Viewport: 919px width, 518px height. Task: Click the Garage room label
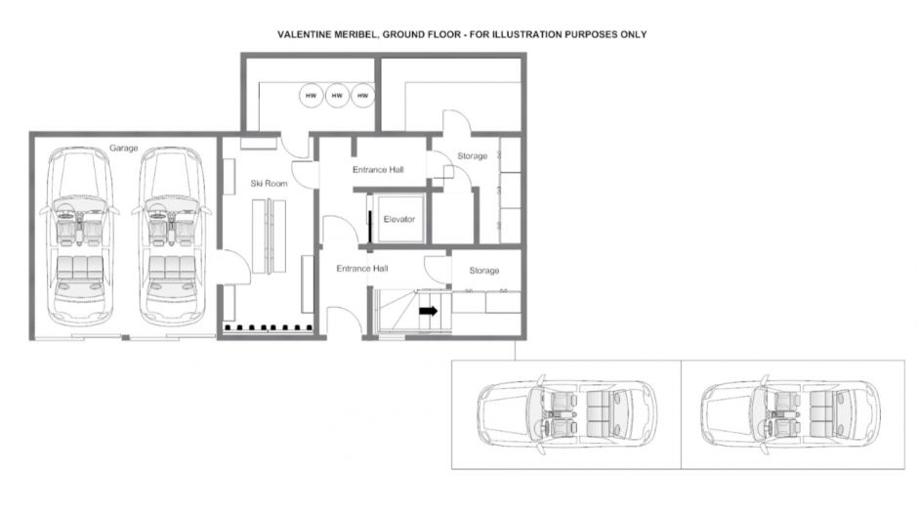pyautogui.click(x=124, y=148)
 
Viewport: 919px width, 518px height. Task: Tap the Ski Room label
pyautogui.click(x=269, y=183)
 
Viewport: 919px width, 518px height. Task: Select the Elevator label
pyautogui.click(x=399, y=219)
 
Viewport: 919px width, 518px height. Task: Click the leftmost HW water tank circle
pyautogui.click(x=311, y=96)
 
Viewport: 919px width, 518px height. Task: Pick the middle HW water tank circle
pyautogui.click(x=337, y=96)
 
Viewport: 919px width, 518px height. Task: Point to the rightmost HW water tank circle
pyautogui.click(x=362, y=96)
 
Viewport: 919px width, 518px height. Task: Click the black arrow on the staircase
pyautogui.click(x=429, y=311)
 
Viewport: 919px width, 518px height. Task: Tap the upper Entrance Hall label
pyautogui.click(x=378, y=169)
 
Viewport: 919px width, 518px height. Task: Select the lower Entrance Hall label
pyautogui.click(x=362, y=268)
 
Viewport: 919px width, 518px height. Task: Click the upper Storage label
pyautogui.click(x=473, y=155)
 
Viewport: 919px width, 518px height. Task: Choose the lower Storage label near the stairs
pyautogui.click(x=484, y=271)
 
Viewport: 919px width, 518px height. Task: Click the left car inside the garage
pyautogui.click(x=78, y=236)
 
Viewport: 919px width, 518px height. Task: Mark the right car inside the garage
pyautogui.click(x=171, y=236)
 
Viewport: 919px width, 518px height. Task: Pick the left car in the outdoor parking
pyautogui.click(x=566, y=414)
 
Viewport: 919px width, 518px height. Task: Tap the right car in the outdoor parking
pyautogui.click(x=791, y=414)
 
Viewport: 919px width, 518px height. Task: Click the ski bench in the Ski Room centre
pyautogui.click(x=270, y=236)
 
